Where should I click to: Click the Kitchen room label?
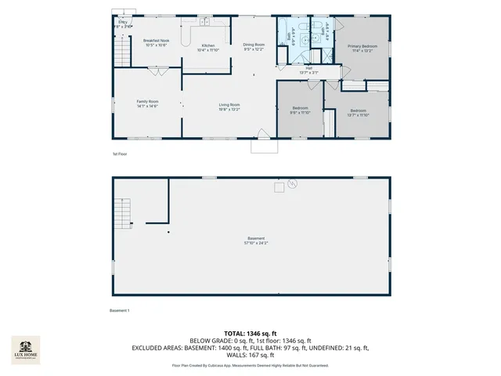[x=208, y=48]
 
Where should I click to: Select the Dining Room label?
[x=254, y=47]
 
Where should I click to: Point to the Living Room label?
[x=229, y=107]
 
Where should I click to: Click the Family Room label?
[x=147, y=103]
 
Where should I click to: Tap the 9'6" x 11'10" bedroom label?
[x=301, y=110]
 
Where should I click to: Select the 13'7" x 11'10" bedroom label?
[x=359, y=112]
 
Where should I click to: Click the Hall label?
[x=309, y=70]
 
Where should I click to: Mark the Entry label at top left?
[x=123, y=24]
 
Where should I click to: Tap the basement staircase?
[x=123, y=211]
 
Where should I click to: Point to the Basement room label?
[x=256, y=240]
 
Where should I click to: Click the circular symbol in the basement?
[x=292, y=185]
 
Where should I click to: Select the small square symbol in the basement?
[x=278, y=187]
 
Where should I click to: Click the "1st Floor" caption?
[x=120, y=154]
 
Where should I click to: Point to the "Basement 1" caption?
[x=119, y=311]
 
